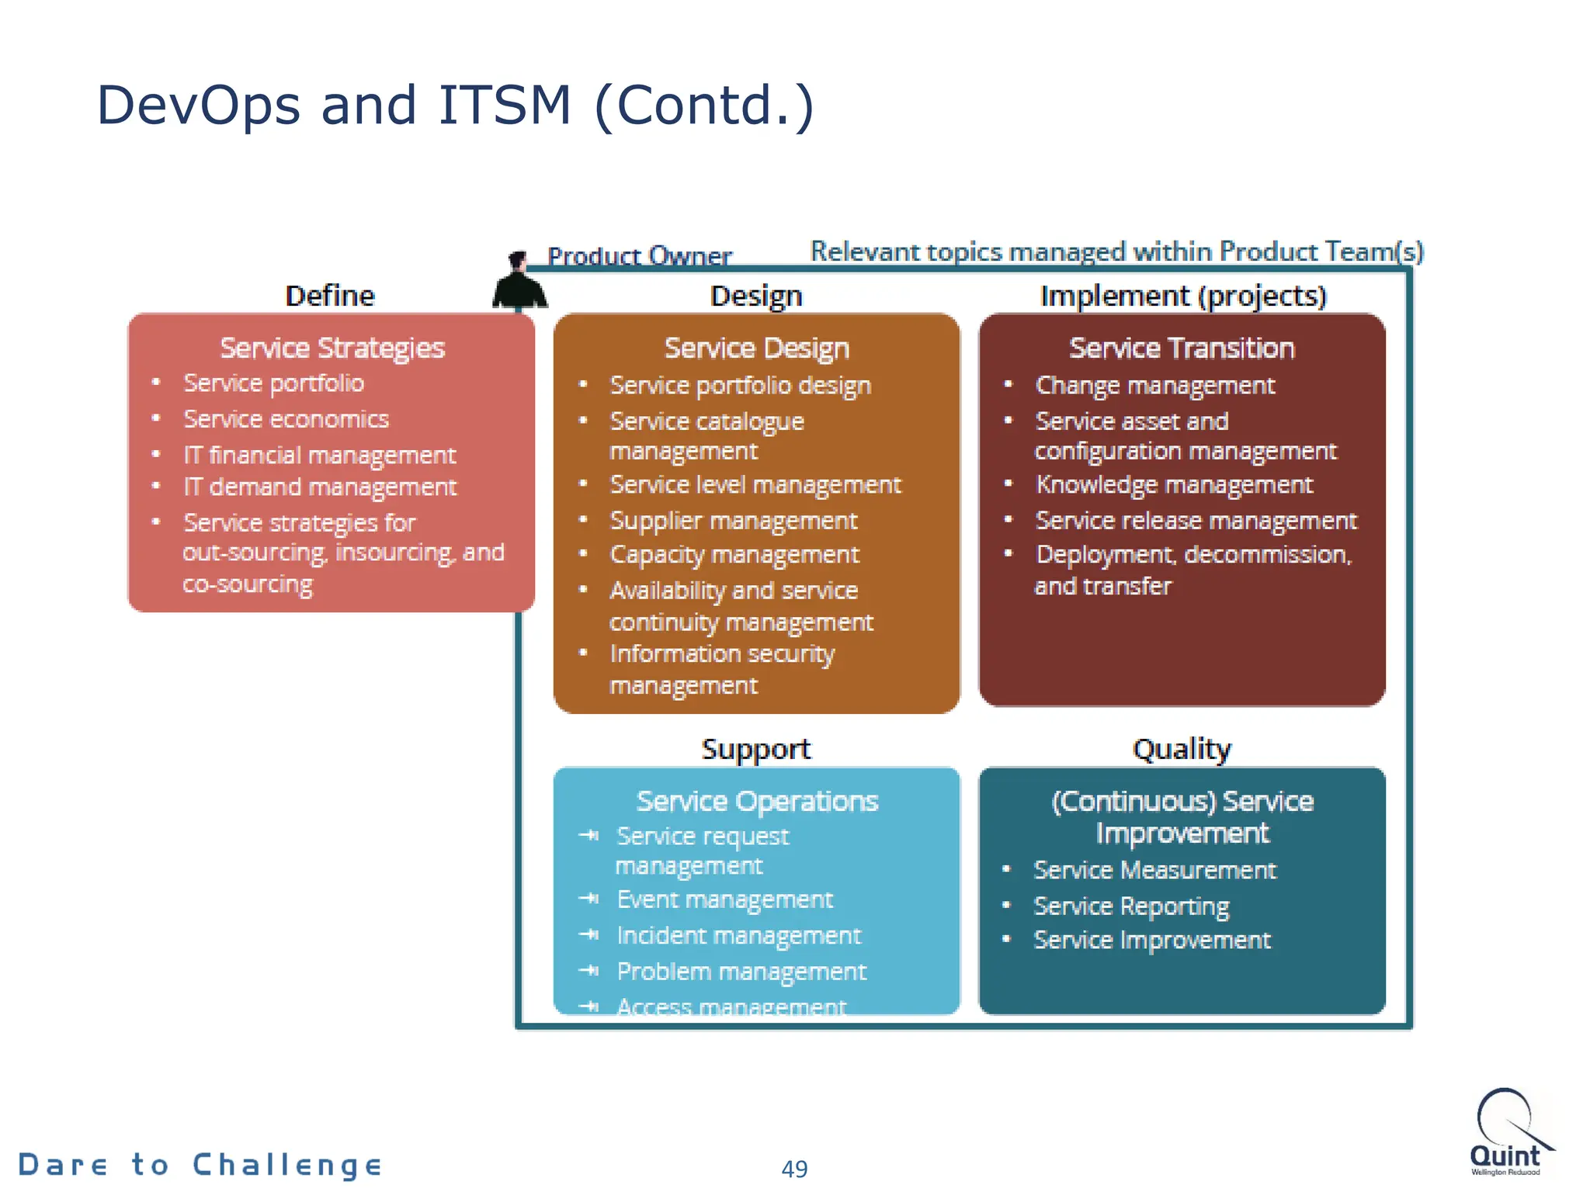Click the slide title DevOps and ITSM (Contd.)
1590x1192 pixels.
pos(455,106)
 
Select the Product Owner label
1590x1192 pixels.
pos(639,255)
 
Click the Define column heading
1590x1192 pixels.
pos(330,296)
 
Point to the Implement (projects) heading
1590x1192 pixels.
pos(1182,296)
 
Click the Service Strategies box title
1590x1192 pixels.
pos(332,348)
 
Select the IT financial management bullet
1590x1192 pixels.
pos(319,455)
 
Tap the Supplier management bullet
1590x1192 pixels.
pos(733,520)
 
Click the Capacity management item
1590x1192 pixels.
pos(734,555)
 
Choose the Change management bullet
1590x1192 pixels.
pos(1154,386)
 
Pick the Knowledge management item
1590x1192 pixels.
pos(1174,485)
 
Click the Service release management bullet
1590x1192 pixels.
pos(1196,520)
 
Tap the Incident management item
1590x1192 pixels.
pos(738,936)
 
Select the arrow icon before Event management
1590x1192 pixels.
pos(589,899)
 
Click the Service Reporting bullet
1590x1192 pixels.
pos(1131,906)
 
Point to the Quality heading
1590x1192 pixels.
pos(1182,749)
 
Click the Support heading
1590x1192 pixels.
pos(755,749)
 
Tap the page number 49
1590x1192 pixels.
pos(794,1169)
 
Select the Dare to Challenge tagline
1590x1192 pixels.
pos(200,1165)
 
